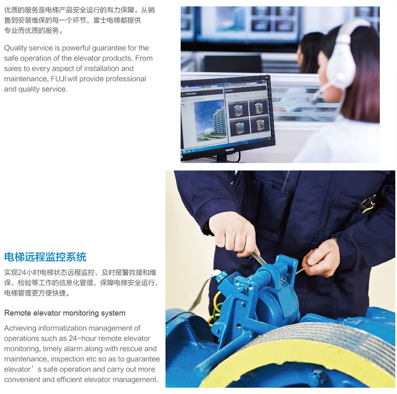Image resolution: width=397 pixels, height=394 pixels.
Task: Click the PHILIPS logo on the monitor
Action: [x=229, y=150]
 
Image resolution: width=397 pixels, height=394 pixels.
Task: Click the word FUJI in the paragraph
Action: [x=59, y=79]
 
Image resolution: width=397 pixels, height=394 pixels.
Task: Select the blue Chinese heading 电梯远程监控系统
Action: [x=45, y=257]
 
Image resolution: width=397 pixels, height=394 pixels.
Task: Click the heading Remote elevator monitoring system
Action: [x=65, y=313]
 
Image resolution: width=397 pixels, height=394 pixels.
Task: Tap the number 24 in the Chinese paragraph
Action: [x=22, y=273]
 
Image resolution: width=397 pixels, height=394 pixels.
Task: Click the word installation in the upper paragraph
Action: [x=101, y=69]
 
